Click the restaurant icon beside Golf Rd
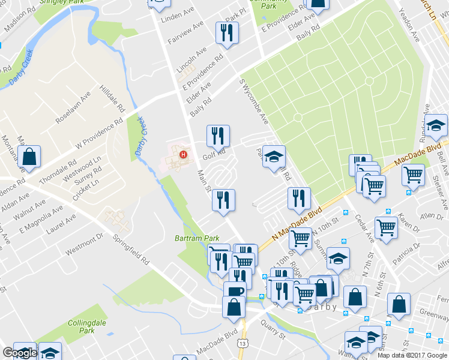click(218, 136)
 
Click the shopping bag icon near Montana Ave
click(29, 158)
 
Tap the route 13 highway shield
click(243, 343)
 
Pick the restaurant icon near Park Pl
click(227, 34)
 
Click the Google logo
click(19, 353)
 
